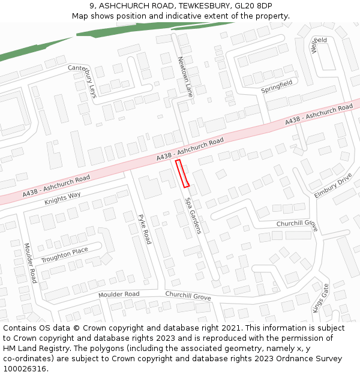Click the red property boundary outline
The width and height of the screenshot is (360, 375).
(x=182, y=173)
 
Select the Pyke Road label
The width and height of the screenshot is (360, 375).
(x=145, y=229)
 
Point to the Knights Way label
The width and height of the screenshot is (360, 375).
(x=62, y=199)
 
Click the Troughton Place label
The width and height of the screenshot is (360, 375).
(x=64, y=254)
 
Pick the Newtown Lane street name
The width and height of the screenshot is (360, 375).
(x=185, y=77)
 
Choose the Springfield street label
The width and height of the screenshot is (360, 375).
(x=277, y=86)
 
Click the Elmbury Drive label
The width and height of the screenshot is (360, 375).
(x=333, y=186)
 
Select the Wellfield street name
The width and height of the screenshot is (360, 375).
(x=319, y=44)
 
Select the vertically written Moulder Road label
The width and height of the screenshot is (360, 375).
(x=31, y=263)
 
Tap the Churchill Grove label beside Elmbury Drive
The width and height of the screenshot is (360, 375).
(x=296, y=223)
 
